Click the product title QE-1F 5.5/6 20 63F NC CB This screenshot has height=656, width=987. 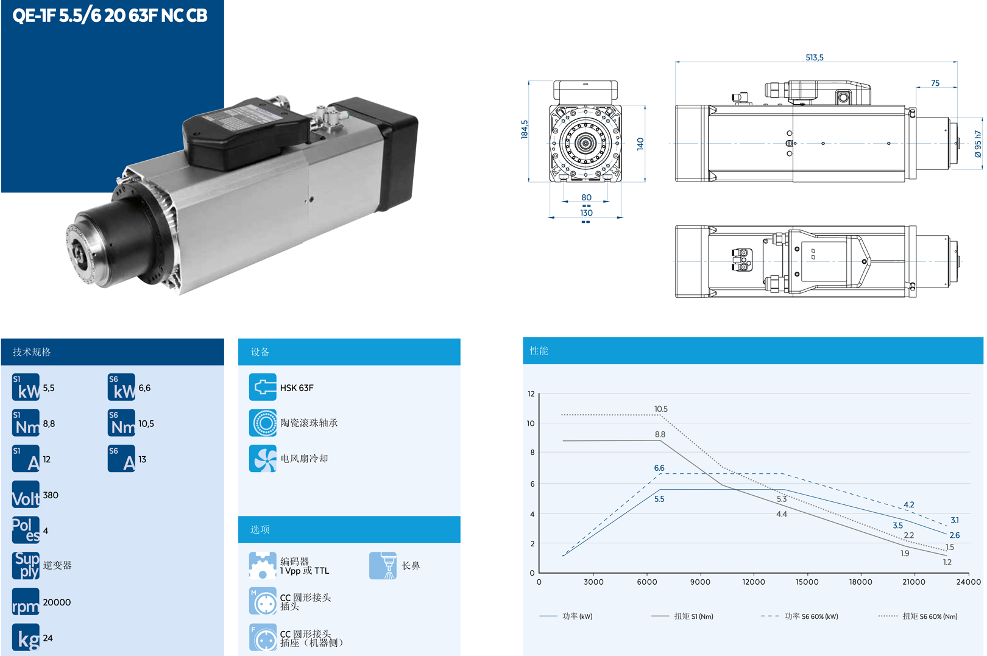coord(110,15)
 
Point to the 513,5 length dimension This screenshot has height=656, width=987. coord(814,57)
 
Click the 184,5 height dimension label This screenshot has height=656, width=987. coord(525,129)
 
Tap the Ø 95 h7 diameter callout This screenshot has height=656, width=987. coord(978,144)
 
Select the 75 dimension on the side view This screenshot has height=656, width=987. coord(935,83)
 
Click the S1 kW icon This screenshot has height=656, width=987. coord(26,387)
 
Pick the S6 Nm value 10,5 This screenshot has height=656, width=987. coord(146,424)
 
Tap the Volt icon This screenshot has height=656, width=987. coord(26,495)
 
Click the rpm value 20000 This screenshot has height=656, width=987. coord(57,602)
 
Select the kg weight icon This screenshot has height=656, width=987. coord(26,638)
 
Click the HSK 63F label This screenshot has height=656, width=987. coord(297,388)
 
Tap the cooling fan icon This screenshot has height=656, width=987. coord(263,459)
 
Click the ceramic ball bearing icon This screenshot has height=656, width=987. coord(263,423)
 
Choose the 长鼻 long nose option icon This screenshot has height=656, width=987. coord(383,566)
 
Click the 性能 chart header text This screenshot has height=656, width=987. coord(539,351)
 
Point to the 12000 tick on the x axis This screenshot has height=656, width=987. coord(753,582)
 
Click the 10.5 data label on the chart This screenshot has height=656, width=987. coord(660,409)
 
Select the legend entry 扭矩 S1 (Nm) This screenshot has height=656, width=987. coord(693,616)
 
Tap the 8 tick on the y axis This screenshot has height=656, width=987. coord(532,453)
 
